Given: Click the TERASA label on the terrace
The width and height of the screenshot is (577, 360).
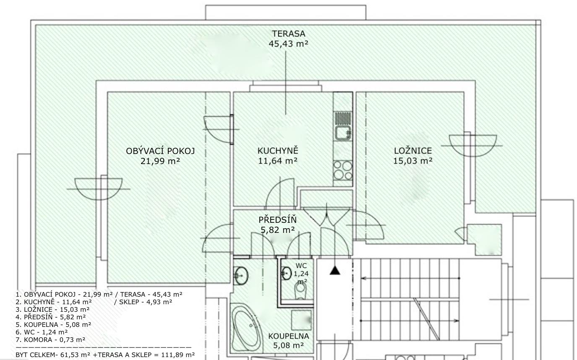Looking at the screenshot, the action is (x=289, y=34).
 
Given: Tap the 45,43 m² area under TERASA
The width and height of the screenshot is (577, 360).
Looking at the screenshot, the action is (x=288, y=44).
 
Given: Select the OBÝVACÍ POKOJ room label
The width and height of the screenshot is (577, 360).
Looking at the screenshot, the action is (x=160, y=151).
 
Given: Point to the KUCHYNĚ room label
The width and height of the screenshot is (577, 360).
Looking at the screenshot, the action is (x=278, y=150).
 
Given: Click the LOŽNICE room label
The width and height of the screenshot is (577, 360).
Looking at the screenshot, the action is (x=413, y=151).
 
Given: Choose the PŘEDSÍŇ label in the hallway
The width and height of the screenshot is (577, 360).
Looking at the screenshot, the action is (x=278, y=220).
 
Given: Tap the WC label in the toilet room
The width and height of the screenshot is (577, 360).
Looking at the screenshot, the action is (x=301, y=266).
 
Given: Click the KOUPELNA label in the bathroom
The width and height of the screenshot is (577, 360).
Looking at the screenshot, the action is (x=289, y=336).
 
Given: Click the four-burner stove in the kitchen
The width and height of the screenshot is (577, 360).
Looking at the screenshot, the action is (x=343, y=170).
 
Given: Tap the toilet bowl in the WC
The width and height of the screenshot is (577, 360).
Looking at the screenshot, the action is (x=300, y=291).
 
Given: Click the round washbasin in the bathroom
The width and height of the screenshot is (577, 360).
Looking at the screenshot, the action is (x=241, y=275).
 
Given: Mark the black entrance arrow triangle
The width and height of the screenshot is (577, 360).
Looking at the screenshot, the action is (x=335, y=271).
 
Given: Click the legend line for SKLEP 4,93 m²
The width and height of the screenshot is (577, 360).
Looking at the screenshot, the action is (x=143, y=302).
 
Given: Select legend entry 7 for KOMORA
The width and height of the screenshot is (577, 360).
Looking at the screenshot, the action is (x=50, y=340).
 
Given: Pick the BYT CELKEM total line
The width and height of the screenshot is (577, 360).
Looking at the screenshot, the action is (x=105, y=355).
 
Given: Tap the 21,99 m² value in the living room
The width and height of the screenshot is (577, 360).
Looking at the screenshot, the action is (x=160, y=161).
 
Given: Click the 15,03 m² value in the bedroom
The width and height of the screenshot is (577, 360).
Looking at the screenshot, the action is (x=413, y=161).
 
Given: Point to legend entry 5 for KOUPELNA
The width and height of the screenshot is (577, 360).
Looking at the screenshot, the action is (x=54, y=324).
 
